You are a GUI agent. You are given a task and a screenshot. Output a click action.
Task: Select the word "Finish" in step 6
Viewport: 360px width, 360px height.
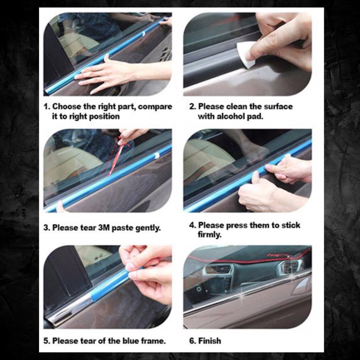(x=210, y=341)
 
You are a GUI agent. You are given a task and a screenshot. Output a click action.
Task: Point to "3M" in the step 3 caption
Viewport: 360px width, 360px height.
(x=104, y=228)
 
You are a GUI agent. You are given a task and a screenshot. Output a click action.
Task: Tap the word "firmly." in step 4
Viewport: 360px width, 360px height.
(x=210, y=234)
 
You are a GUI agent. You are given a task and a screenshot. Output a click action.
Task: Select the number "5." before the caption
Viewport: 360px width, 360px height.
(x=47, y=341)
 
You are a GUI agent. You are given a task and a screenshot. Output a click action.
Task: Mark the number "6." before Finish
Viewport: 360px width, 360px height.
(x=192, y=341)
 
